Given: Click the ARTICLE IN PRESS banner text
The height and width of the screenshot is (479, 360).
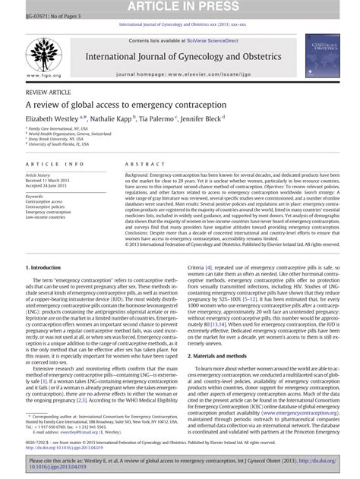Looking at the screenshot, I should tap(179, 6).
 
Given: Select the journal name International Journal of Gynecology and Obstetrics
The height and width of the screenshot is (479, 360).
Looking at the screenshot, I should tap(180, 57).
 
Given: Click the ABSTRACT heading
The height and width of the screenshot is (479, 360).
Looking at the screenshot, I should tap(129, 164).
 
